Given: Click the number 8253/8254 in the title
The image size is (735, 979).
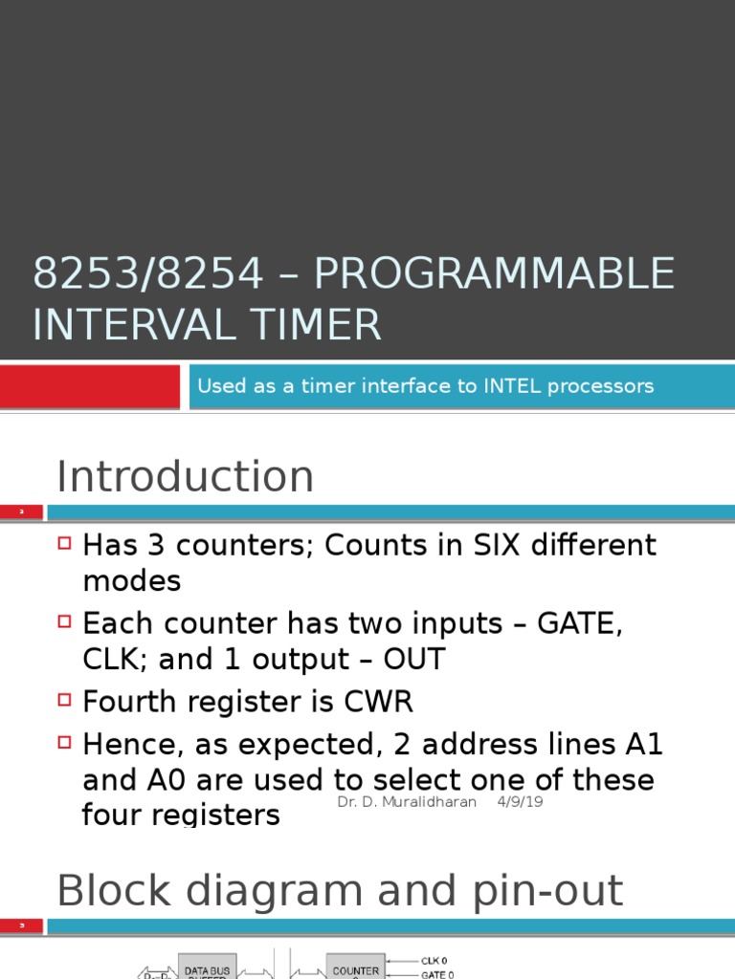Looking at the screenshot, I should (147, 275).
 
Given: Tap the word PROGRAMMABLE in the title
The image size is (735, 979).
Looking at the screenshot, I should (494, 275).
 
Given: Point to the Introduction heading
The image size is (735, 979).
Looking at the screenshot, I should (185, 476).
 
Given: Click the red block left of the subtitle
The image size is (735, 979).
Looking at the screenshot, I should (89, 386).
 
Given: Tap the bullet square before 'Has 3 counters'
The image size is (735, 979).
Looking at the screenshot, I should (65, 543).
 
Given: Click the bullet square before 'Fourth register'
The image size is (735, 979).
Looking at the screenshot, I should (65, 700).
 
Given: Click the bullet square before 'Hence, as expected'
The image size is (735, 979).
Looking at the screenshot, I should (65, 740).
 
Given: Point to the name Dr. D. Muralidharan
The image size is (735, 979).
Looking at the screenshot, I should (407, 801).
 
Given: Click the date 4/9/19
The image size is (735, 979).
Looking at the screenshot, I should (520, 801).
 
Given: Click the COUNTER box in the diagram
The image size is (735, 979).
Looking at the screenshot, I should (355, 968).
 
